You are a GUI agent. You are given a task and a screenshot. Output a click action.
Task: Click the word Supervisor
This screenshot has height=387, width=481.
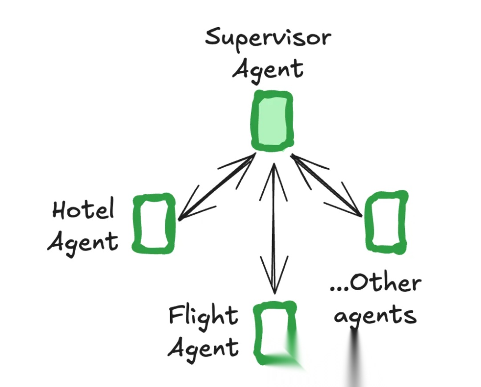point(268,39)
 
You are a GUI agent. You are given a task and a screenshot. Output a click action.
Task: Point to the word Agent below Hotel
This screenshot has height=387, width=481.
point(83,242)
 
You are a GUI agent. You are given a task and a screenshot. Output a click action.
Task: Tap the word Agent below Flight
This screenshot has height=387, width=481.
point(203,347)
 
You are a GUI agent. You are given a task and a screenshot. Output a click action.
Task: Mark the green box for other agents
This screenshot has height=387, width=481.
point(386,222)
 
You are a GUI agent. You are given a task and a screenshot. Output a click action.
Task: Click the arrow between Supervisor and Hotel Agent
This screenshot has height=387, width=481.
point(217,187)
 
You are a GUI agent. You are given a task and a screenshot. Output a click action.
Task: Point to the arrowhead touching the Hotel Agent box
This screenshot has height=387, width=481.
point(185,214)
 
